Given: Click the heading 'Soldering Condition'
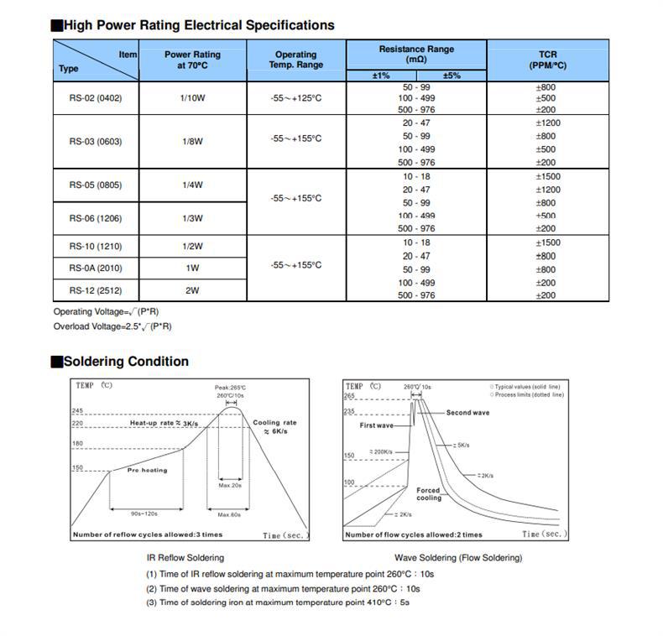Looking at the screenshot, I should tap(126, 362).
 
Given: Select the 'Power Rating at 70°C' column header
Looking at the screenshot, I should tap(193, 60).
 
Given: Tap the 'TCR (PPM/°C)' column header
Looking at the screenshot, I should tap(547, 60).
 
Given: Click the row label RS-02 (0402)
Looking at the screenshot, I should tap(95, 98).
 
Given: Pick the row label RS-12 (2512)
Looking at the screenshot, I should tap(95, 290).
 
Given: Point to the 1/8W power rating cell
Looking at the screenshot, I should tap(193, 142).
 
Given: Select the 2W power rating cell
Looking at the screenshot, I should tap(193, 290).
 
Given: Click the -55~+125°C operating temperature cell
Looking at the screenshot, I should tap(296, 98).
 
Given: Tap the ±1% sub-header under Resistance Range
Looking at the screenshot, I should tap(381, 76).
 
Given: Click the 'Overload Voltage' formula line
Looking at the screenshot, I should tap(112, 326).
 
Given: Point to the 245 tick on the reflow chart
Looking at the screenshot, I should tap(77, 410).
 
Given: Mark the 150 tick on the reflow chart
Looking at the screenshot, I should tap(77, 467).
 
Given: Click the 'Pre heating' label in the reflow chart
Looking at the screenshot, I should tap(147, 471).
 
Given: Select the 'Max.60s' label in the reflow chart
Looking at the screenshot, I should tap(229, 514).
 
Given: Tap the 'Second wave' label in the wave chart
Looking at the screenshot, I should tap(467, 413).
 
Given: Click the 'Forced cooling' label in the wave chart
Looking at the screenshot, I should tap(429, 494).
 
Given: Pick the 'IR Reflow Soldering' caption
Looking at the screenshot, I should tap(185, 557).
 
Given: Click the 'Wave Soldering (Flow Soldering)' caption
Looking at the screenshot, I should tap(458, 557).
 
